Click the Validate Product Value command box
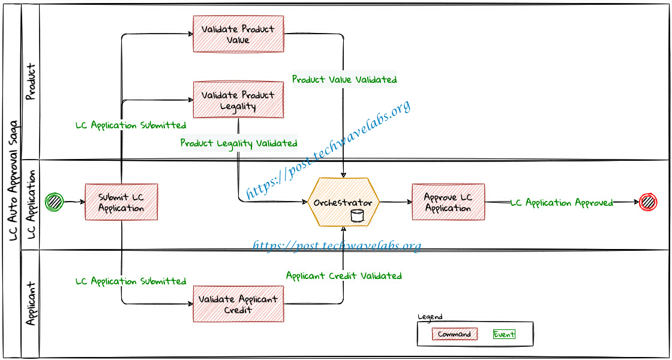coord(238,34)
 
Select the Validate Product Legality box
coord(238,100)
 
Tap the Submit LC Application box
coord(121,202)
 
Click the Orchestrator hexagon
coord(344,202)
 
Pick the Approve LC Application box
coord(448,202)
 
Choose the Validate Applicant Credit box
coord(238,304)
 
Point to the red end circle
coord(647,202)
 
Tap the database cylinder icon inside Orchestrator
coord(356,216)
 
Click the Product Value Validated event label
coord(344,79)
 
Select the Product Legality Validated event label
coord(239,143)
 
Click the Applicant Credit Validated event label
coord(344,275)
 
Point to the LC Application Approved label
coord(562,203)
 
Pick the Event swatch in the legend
coord(504,334)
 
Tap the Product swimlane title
coord(30,81)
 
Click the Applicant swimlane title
coord(31,304)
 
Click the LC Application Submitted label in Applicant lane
coord(131,281)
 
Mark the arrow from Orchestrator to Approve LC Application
coord(396,202)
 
